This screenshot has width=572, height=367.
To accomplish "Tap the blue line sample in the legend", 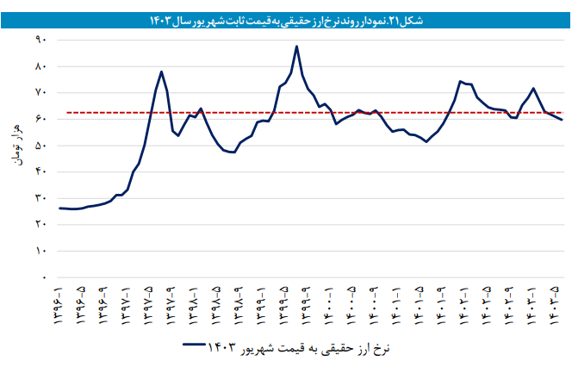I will coord(200,345).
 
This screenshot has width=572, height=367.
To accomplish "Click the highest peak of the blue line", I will coord(296,47).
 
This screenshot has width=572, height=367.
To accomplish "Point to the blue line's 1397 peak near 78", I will coord(162,72).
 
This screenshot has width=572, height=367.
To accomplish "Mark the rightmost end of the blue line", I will coord(562,120).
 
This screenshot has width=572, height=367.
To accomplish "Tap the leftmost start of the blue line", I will coord(59,208).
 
